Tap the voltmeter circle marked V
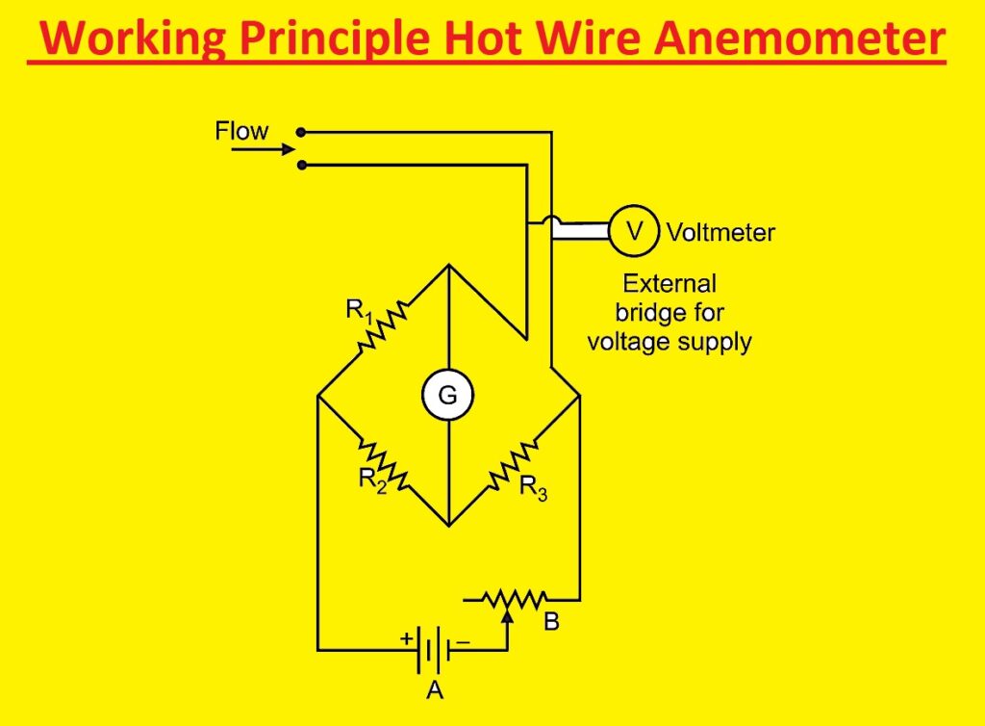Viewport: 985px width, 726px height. coord(634,231)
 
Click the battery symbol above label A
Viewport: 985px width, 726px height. coord(430,651)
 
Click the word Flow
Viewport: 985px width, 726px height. coord(241,131)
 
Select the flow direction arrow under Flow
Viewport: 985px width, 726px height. coord(276,149)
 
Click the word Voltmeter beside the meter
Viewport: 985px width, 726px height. coord(720,232)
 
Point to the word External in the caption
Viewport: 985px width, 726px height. coord(669,284)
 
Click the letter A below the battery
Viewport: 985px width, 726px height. coord(432,690)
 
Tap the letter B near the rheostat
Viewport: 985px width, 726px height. coord(551,623)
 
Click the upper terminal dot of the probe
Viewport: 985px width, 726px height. coord(301,132)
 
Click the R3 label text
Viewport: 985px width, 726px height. coord(534,488)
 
